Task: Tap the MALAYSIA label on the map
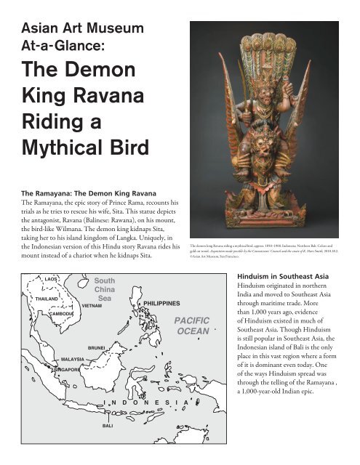point(73,360)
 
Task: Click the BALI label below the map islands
point(106,425)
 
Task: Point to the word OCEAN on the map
point(192,352)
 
